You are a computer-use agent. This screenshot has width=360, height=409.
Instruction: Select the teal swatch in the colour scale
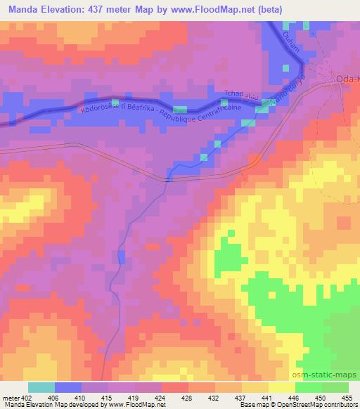tap(41, 387)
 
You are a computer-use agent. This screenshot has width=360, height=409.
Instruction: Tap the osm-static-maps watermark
tap(328, 375)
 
